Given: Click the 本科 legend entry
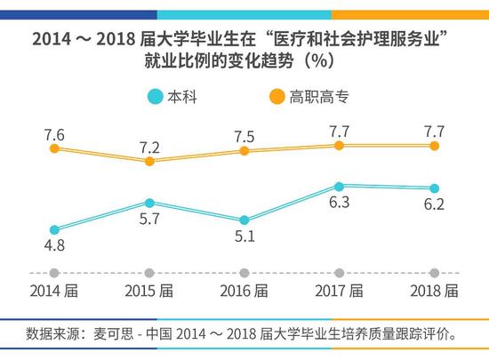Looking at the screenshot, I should [173, 95].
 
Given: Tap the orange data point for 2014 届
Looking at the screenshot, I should [54, 148].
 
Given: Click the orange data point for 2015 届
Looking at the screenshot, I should [149, 161].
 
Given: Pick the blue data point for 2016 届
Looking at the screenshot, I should [244, 220].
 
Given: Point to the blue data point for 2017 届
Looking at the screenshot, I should [339, 186].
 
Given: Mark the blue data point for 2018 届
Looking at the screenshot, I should [434, 188].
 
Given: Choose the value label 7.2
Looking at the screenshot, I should [149, 144].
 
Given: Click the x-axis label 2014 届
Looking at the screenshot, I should [54, 292].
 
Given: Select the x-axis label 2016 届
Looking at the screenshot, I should [244, 292].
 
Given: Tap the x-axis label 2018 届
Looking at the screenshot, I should [434, 292].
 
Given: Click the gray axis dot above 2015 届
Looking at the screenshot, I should [149, 273].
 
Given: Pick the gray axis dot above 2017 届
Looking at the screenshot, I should [339, 273].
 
